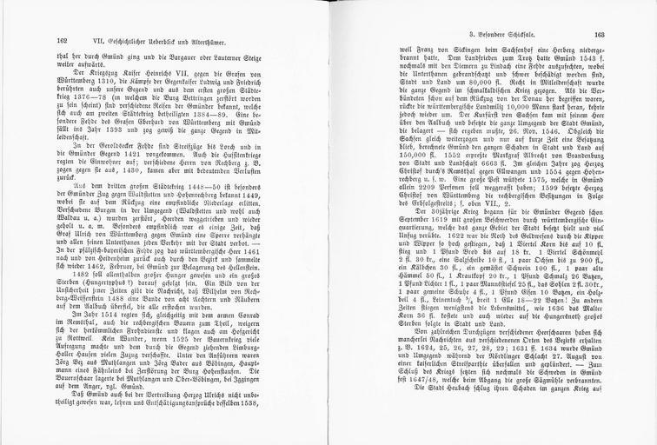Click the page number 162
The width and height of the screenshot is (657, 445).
point(62,41)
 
